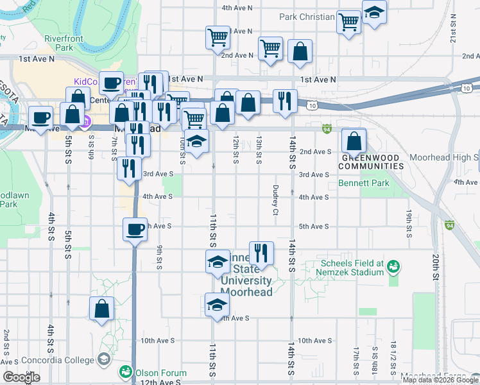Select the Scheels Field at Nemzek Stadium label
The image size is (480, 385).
[x=349, y=268]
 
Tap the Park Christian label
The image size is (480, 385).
[x=307, y=17]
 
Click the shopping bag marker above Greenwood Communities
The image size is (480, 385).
[x=354, y=141]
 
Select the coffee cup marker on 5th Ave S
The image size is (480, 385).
[x=135, y=230]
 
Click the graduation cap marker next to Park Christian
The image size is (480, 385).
[x=374, y=12]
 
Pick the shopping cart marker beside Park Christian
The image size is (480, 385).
[x=348, y=22]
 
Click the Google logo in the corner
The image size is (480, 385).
[x=21, y=378]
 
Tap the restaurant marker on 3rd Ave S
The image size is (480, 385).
[x=130, y=168]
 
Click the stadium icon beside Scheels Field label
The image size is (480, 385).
[x=393, y=264]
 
